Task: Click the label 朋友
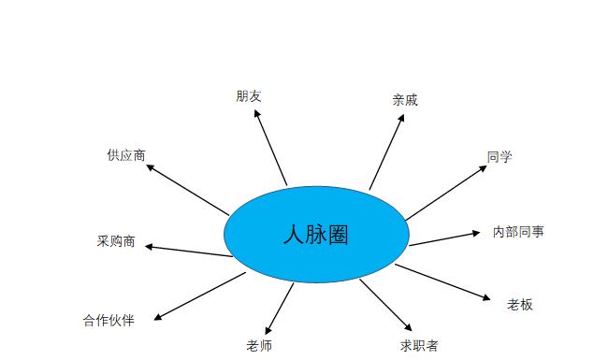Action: pos(249,96)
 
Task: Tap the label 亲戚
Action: pos(405,100)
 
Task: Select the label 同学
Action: pos(499,157)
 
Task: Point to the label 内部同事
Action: pos(518,231)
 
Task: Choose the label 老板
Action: pos(520,304)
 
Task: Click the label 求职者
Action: pos(418,345)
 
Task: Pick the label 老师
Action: pos(259,345)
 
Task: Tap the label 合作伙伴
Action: pos(109,321)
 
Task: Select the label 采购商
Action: pos(116,241)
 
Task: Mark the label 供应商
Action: pos(126,155)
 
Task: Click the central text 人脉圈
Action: pos(315,235)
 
